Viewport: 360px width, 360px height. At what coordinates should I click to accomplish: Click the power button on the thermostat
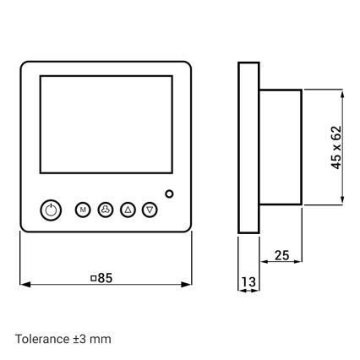[52, 209]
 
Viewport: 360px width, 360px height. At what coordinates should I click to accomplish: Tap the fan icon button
[106, 209]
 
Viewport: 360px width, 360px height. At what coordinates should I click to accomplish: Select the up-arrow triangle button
[128, 209]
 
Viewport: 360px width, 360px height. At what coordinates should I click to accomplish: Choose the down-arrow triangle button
[150, 209]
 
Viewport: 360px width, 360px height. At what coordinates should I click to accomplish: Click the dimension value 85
[104, 276]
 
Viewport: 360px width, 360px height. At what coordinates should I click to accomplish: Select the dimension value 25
[282, 254]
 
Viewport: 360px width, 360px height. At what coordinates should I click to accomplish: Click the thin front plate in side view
[248, 148]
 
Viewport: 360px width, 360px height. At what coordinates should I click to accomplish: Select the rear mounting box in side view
[280, 148]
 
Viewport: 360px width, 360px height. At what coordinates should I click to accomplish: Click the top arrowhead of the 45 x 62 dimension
[342, 93]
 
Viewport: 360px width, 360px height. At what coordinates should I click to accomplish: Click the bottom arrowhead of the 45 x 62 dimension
[342, 201]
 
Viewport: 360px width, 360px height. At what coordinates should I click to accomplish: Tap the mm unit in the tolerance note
[102, 339]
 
